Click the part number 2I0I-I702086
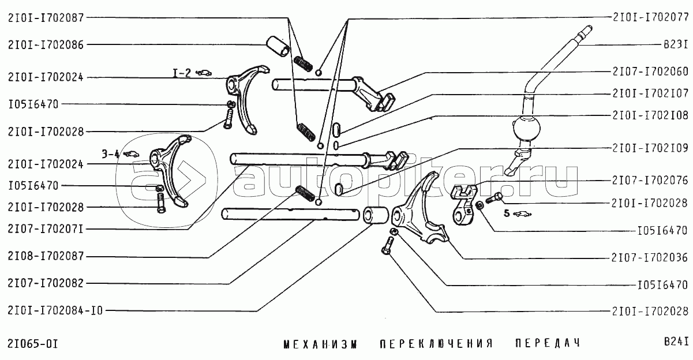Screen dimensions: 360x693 (46, 44)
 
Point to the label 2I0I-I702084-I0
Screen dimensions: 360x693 (55, 310)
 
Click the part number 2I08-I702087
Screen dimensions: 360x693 (46, 255)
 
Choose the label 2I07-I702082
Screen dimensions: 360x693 (46, 283)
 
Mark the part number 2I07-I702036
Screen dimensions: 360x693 (650, 257)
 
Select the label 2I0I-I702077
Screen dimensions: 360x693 (650, 17)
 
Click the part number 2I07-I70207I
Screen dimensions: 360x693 (46, 229)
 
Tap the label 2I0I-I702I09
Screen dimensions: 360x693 (650, 148)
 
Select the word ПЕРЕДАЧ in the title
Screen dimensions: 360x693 (546, 344)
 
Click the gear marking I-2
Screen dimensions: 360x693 (182, 73)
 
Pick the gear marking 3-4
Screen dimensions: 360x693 (111, 153)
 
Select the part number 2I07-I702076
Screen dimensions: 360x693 (650, 181)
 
